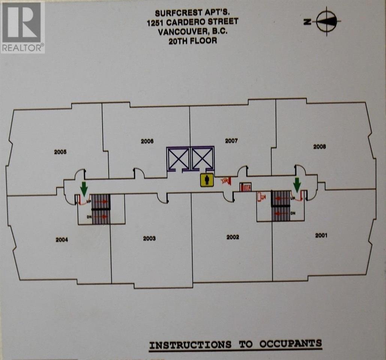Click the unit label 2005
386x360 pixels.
(60, 152)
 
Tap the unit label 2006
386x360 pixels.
(147, 141)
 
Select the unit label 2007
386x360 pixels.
(231, 141)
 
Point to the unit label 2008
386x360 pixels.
(320, 147)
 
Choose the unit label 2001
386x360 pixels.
(321, 235)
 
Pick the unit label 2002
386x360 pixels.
(233, 237)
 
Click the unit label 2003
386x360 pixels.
(150, 238)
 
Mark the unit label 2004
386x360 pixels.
(62, 240)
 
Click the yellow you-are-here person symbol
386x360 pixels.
(207, 180)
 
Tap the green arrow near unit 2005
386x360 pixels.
(84, 189)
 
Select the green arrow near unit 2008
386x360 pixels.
(297, 185)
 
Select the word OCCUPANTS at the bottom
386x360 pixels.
(290, 343)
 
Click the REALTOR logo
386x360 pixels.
(22, 27)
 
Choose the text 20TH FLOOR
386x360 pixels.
(193, 41)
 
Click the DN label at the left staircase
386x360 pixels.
(89, 217)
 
